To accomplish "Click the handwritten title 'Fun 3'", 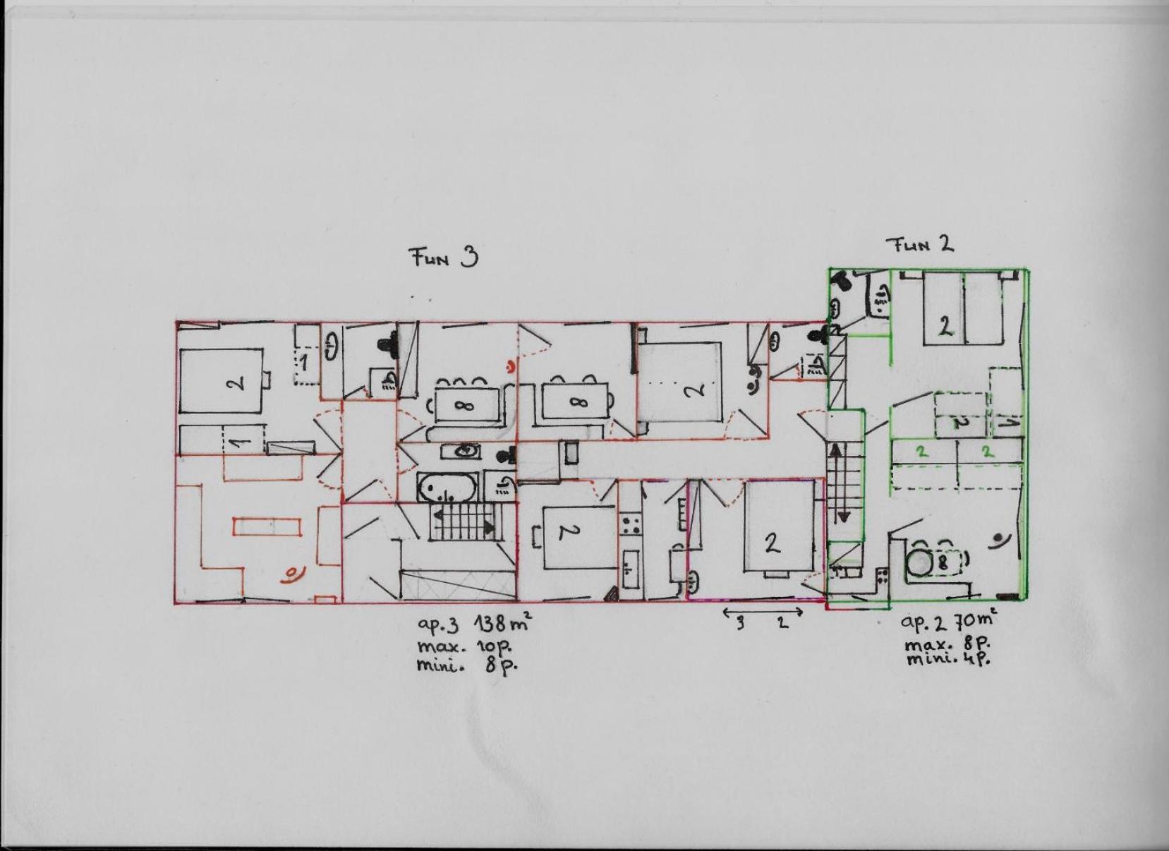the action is (x=444, y=258).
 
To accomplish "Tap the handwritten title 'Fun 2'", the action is (x=922, y=244).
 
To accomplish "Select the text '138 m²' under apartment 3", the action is (x=503, y=623).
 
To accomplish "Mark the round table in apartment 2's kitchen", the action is (x=919, y=563).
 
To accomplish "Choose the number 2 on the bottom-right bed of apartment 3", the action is (x=772, y=545).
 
